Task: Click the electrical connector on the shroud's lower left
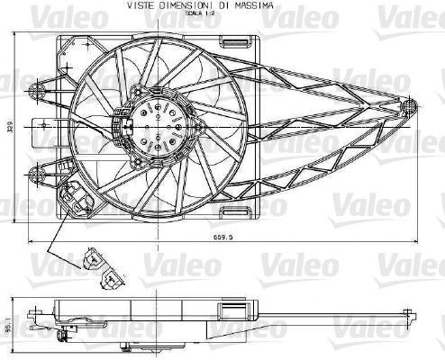coord(74,193)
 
